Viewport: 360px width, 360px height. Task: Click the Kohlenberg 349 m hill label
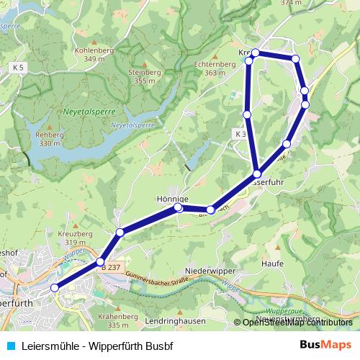(x=99, y=54)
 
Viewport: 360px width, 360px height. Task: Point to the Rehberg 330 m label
(x=49, y=139)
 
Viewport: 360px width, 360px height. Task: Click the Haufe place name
(x=272, y=264)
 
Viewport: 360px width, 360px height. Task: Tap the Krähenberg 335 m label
(x=120, y=320)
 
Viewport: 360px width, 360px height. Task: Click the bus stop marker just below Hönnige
(x=179, y=208)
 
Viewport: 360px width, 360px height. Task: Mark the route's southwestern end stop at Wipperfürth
(x=54, y=288)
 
